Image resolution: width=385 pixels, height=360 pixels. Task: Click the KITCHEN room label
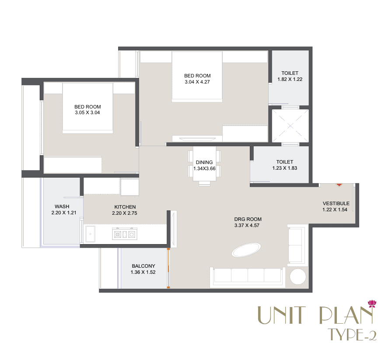coord(125,207)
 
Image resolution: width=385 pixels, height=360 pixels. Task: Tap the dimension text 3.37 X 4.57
coord(247,225)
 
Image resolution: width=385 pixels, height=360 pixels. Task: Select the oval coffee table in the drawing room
coord(246,250)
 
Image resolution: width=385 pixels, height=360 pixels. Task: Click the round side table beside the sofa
coord(298,276)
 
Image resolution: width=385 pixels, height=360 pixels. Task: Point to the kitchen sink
coord(91,234)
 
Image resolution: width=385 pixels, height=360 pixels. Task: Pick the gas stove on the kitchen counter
coord(125,234)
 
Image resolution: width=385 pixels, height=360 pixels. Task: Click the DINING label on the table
coord(204,162)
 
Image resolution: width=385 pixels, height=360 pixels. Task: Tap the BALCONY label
coord(143,266)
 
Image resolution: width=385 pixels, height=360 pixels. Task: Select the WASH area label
coord(62,206)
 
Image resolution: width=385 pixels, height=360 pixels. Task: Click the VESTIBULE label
coord(336,203)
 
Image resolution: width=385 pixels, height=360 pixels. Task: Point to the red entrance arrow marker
coord(339,185)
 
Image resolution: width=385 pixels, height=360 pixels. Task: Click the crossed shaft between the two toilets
coord(290,126)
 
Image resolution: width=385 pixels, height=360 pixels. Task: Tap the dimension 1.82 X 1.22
coord(290,79)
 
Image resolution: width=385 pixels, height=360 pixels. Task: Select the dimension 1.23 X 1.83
coord(284,168)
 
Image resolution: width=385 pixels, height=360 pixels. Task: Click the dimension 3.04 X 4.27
coord(197,82)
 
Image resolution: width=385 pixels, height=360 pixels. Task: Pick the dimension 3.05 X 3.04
coord(87,113)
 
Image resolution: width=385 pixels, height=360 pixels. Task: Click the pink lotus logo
coord(372,304)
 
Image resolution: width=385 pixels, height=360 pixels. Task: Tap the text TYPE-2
coord(352,334)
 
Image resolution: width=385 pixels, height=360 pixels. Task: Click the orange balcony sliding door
coord(168,268)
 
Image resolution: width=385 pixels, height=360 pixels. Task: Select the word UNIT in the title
coord(282,315)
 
